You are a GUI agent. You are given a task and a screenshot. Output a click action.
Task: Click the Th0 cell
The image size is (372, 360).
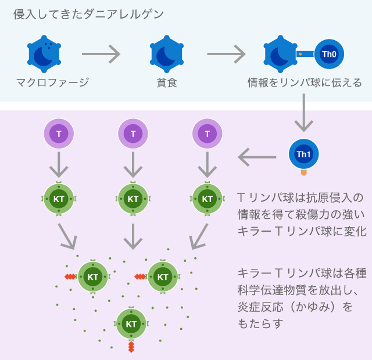(x=329, y=54)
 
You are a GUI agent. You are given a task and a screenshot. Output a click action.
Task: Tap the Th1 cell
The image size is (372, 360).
(x=303, y=154)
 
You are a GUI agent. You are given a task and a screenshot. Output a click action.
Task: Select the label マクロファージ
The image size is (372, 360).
(x=52, y=82)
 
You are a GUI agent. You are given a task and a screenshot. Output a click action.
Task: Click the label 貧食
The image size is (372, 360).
(x=167, y=82)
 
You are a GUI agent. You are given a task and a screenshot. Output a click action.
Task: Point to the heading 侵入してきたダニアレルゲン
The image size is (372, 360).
(x=89, y=14)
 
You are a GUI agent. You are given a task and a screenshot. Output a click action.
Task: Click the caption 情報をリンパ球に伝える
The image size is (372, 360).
(x=305, y=82)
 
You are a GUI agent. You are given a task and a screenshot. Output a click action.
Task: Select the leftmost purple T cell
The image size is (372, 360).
(x=59, y=134)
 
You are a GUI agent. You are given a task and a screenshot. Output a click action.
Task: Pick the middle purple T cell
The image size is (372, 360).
(x=133, y=134)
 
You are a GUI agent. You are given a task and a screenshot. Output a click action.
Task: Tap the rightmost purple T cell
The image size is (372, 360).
(x=208, y=134)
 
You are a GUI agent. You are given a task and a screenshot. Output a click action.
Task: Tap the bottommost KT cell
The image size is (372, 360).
(x=131, y=323)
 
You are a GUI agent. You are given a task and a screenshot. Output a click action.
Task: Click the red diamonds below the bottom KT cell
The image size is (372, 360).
(x=131, y=347)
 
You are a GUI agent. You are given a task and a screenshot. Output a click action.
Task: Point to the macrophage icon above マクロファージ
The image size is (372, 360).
(x=44, y=53)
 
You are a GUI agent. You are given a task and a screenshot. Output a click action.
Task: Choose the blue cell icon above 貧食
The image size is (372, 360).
(x=167, y=53)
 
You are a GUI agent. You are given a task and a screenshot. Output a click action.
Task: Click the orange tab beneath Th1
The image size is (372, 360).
(x=303, y=172)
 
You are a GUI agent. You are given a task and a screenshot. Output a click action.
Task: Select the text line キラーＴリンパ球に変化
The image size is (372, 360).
(x=302, y=231)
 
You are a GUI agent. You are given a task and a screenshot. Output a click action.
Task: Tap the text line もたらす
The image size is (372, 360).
(x=260, y=323)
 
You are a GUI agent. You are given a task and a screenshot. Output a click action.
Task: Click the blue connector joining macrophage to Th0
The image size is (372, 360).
(x=306, y=54)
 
